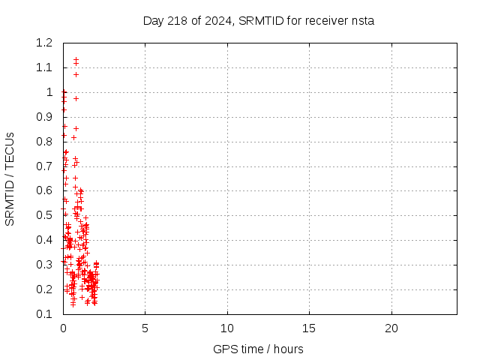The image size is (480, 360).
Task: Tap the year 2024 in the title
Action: (x=217, y=20)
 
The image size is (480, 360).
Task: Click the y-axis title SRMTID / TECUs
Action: (x=10, y=178)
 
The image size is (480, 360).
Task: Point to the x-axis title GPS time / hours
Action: (x=258, y=349)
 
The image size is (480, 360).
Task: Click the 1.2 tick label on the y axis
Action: (x=43, y=43)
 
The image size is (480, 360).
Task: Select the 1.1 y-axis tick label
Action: (x=43, y=68)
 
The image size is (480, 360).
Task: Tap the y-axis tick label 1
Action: (x=49, y=93)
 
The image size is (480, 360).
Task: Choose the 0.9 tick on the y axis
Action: (x=43, y=117)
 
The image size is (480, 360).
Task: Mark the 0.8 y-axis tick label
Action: (x=43, y=142)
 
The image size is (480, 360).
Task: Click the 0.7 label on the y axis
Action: (x=43, y=166)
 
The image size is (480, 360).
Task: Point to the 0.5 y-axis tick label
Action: (x=43, y=216)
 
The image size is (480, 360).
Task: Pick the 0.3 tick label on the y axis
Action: (x=43, y=265)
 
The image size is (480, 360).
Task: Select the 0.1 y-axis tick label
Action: (x=43, y=314)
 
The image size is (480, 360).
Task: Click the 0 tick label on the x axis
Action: (x=63, y=328)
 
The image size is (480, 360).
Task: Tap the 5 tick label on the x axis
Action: (x=145, y=328)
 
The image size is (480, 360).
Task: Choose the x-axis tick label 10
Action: (x=227, y=328)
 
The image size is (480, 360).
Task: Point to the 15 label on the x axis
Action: (x=309, y=328)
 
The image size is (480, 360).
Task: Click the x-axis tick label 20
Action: (x=391, y=328)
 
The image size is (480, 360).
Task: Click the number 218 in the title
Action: (x=178, y=20)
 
